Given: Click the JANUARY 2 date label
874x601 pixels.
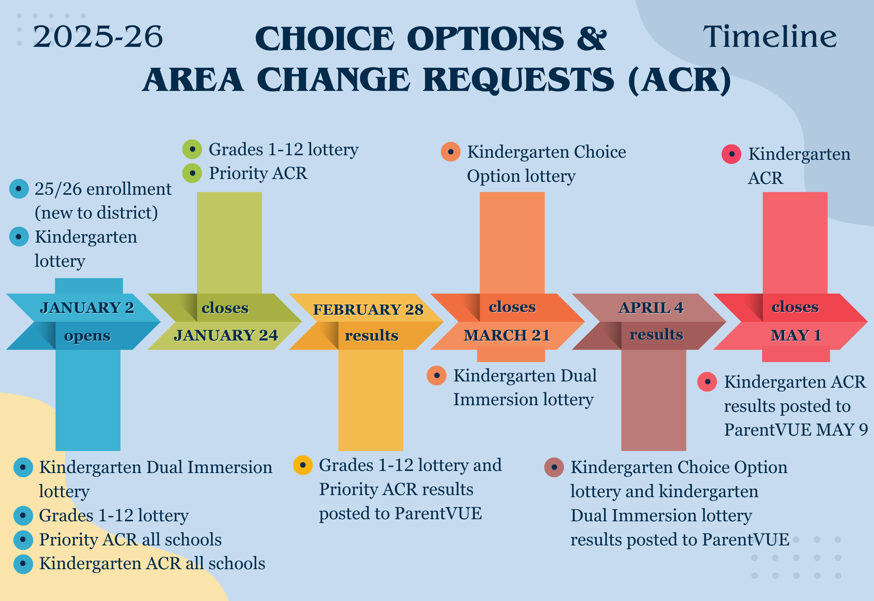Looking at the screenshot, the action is coord(87,308).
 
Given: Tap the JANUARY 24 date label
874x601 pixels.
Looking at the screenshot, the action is coord(226,335).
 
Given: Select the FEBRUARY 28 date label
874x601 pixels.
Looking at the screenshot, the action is coord(368,309).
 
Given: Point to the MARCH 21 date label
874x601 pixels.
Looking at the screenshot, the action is coord(507,335).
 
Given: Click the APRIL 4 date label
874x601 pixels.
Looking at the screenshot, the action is coord(651,308).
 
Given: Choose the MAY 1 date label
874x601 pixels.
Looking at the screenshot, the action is coord(796,335).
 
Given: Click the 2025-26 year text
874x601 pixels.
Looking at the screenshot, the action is coord(98,37).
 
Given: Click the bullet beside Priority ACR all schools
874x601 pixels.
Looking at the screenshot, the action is coord(23,539).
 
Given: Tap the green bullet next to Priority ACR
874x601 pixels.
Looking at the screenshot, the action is coord(192,173).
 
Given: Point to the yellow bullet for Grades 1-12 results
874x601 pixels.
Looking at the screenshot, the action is coord(303,465).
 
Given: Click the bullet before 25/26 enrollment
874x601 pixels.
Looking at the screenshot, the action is coord(19,189).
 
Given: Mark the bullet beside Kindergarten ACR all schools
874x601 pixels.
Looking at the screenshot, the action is coord(23,564).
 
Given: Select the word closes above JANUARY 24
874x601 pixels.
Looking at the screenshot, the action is coord(225,308).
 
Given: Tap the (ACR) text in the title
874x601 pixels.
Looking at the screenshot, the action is coord(680,80).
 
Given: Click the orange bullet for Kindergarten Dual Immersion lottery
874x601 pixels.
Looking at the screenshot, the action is coord(436,375).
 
